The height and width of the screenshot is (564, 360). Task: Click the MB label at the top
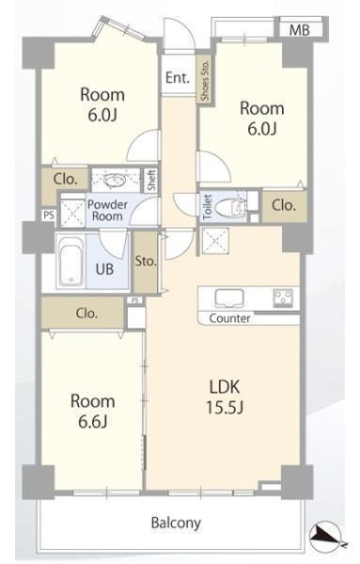coord(300,30)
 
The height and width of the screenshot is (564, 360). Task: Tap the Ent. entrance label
coord(178,78)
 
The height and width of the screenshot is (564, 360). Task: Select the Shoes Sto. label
coord(205,80)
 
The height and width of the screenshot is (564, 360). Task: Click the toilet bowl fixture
coord(230,207)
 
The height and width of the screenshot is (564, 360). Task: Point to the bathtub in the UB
coord(70,261)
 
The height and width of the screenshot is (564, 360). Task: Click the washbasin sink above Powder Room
coord(115,180)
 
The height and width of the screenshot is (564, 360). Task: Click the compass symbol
coord(326,540)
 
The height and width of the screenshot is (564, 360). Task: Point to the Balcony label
coord(176,523)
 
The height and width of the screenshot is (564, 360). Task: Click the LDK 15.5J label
coord(225,397)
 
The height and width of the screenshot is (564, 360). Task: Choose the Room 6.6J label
coord(93,411)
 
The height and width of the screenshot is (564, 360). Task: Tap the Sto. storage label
coord(146,261)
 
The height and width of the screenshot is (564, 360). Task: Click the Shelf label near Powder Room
coord(151,180)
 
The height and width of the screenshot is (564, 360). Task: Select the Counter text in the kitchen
coord(229,319)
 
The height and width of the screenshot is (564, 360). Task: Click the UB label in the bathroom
coord(104,269)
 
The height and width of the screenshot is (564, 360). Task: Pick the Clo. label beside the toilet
coord(284,205)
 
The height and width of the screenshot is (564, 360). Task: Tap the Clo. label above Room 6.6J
coord(86,313)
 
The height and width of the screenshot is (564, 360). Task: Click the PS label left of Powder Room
coord(49,214)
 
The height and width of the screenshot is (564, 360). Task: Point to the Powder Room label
coord(107,211)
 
